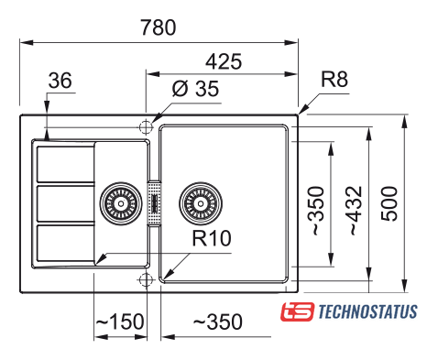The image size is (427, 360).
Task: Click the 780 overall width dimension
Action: click(x=159, y=27)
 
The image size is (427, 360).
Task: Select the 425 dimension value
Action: click(x=224, y=61)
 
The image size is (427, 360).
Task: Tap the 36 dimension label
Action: click(x=60, y=81)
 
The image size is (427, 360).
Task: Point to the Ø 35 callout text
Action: click(x=195, y=89)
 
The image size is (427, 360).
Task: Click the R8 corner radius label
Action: click(x=334, y=79)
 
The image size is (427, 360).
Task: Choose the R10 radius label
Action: click(x=212, y=238)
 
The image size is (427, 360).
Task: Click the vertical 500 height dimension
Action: click(x=389, y=203)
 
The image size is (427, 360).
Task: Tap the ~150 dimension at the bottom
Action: click(x=120, y=322)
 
